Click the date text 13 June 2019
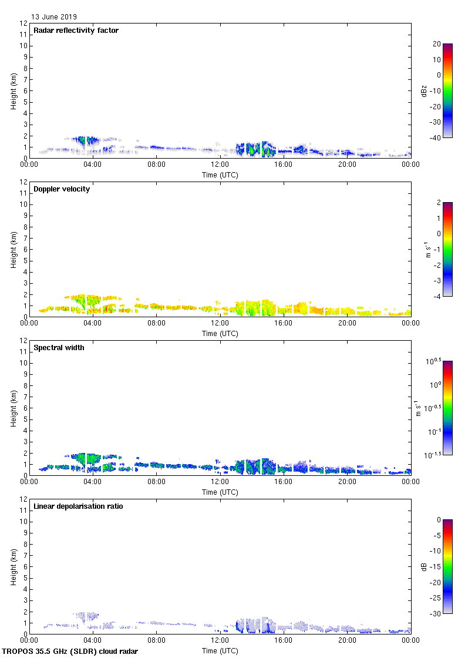coord(54,17)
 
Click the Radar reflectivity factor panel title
coord(76,31)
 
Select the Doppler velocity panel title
coord(61,189)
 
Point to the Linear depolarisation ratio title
coord(78,506)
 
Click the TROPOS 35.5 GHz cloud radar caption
coord(70,652)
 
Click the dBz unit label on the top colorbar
coord(425,90)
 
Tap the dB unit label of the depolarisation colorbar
coord(424,566)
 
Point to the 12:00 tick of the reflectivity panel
coord(220,165)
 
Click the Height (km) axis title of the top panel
coord(14,90)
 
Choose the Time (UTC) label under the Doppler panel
coord(220,334)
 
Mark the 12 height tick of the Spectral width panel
coord(23,341)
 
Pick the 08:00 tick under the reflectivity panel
coord(156,165)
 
